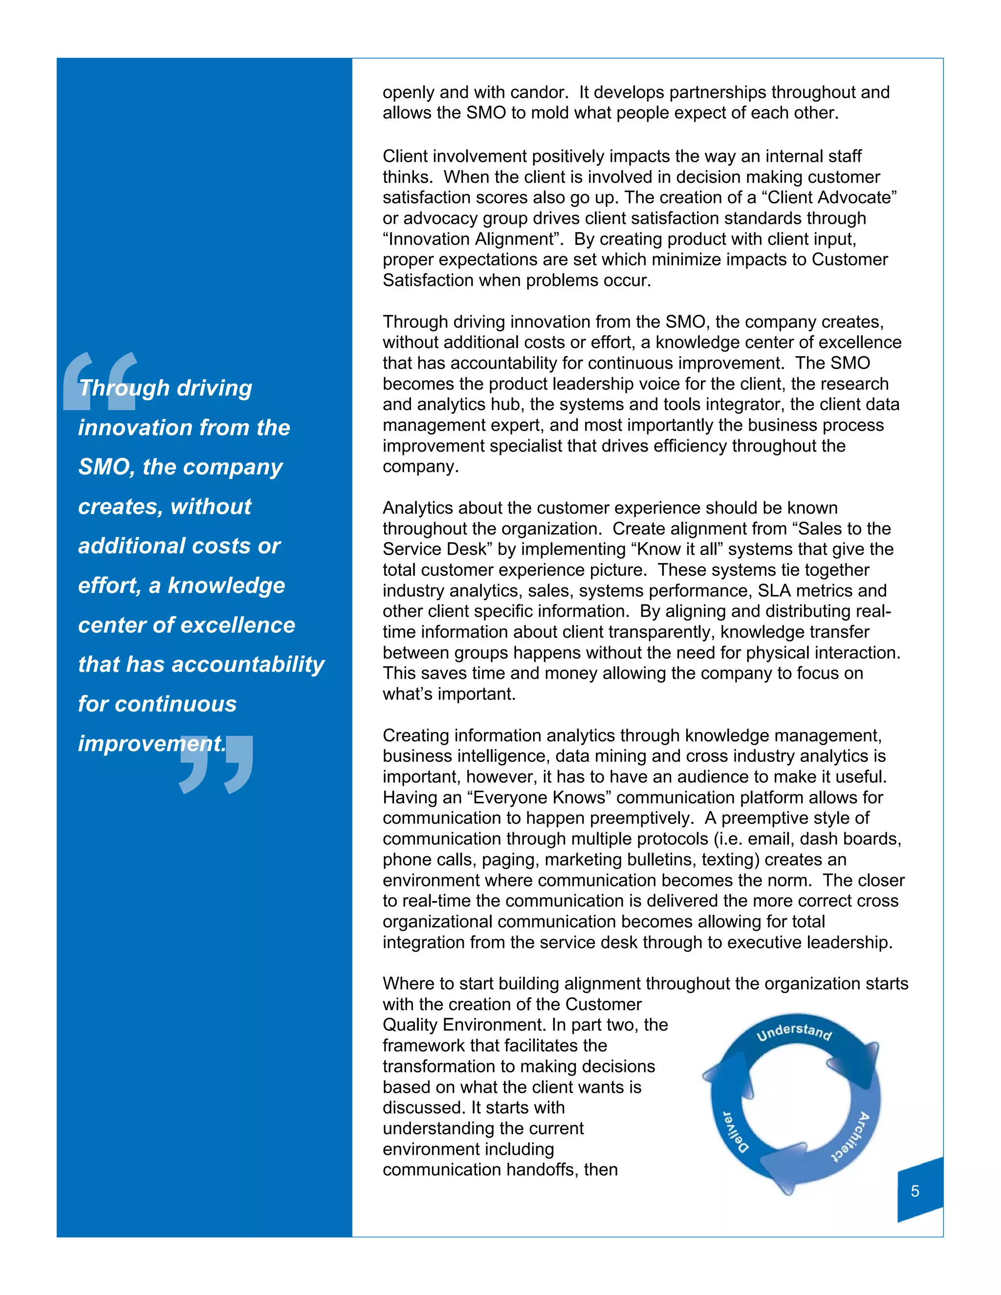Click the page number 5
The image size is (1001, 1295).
(914, 1191)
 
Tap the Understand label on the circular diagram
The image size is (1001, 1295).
(794, 1032)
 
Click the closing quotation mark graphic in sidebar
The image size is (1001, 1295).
(217, 764)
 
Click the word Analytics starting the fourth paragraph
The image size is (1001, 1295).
(419, 508)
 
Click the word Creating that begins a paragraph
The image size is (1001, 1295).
(416, 735)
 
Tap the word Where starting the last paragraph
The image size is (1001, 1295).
(407, 984)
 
